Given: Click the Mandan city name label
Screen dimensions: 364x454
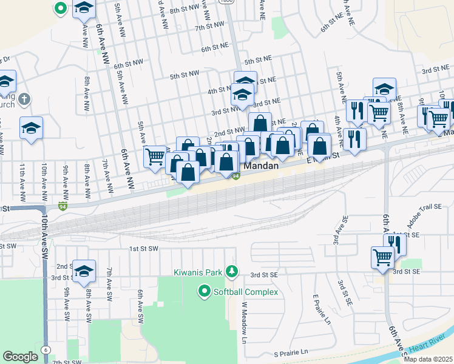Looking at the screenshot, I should [262, 165].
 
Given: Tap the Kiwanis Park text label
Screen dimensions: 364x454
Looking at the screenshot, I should [198, 272].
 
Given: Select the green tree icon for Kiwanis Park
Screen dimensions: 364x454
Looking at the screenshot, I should [231, 271].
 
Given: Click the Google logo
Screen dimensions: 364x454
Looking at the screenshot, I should [20, 357].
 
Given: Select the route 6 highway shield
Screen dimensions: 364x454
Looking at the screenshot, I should [46, 350].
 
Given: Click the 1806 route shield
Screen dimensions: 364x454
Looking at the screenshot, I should [227, 2].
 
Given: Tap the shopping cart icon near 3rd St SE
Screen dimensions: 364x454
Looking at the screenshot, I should [382, 257].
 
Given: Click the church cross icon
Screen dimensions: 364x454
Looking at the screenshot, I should [24, 98].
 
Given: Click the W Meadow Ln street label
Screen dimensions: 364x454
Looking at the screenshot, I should [245, 323].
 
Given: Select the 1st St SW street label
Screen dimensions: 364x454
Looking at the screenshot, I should [143, 249].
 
